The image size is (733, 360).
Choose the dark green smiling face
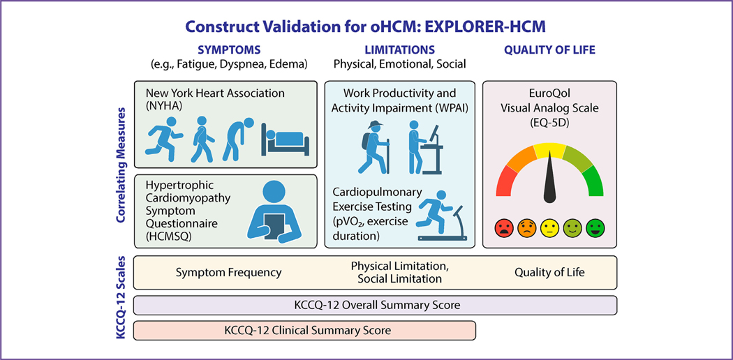coord(595,228)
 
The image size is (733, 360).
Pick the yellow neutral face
coord(549,228)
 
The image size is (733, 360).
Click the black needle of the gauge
coord(549,180)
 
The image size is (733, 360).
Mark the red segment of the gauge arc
coord(505,181)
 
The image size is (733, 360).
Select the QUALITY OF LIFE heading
coord(549,50)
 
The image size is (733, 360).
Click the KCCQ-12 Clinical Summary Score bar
coord(305,331)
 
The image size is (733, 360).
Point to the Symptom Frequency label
coord(228,272)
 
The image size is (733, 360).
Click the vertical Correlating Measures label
coord(121,165)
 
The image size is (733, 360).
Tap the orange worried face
coord(526,228)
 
